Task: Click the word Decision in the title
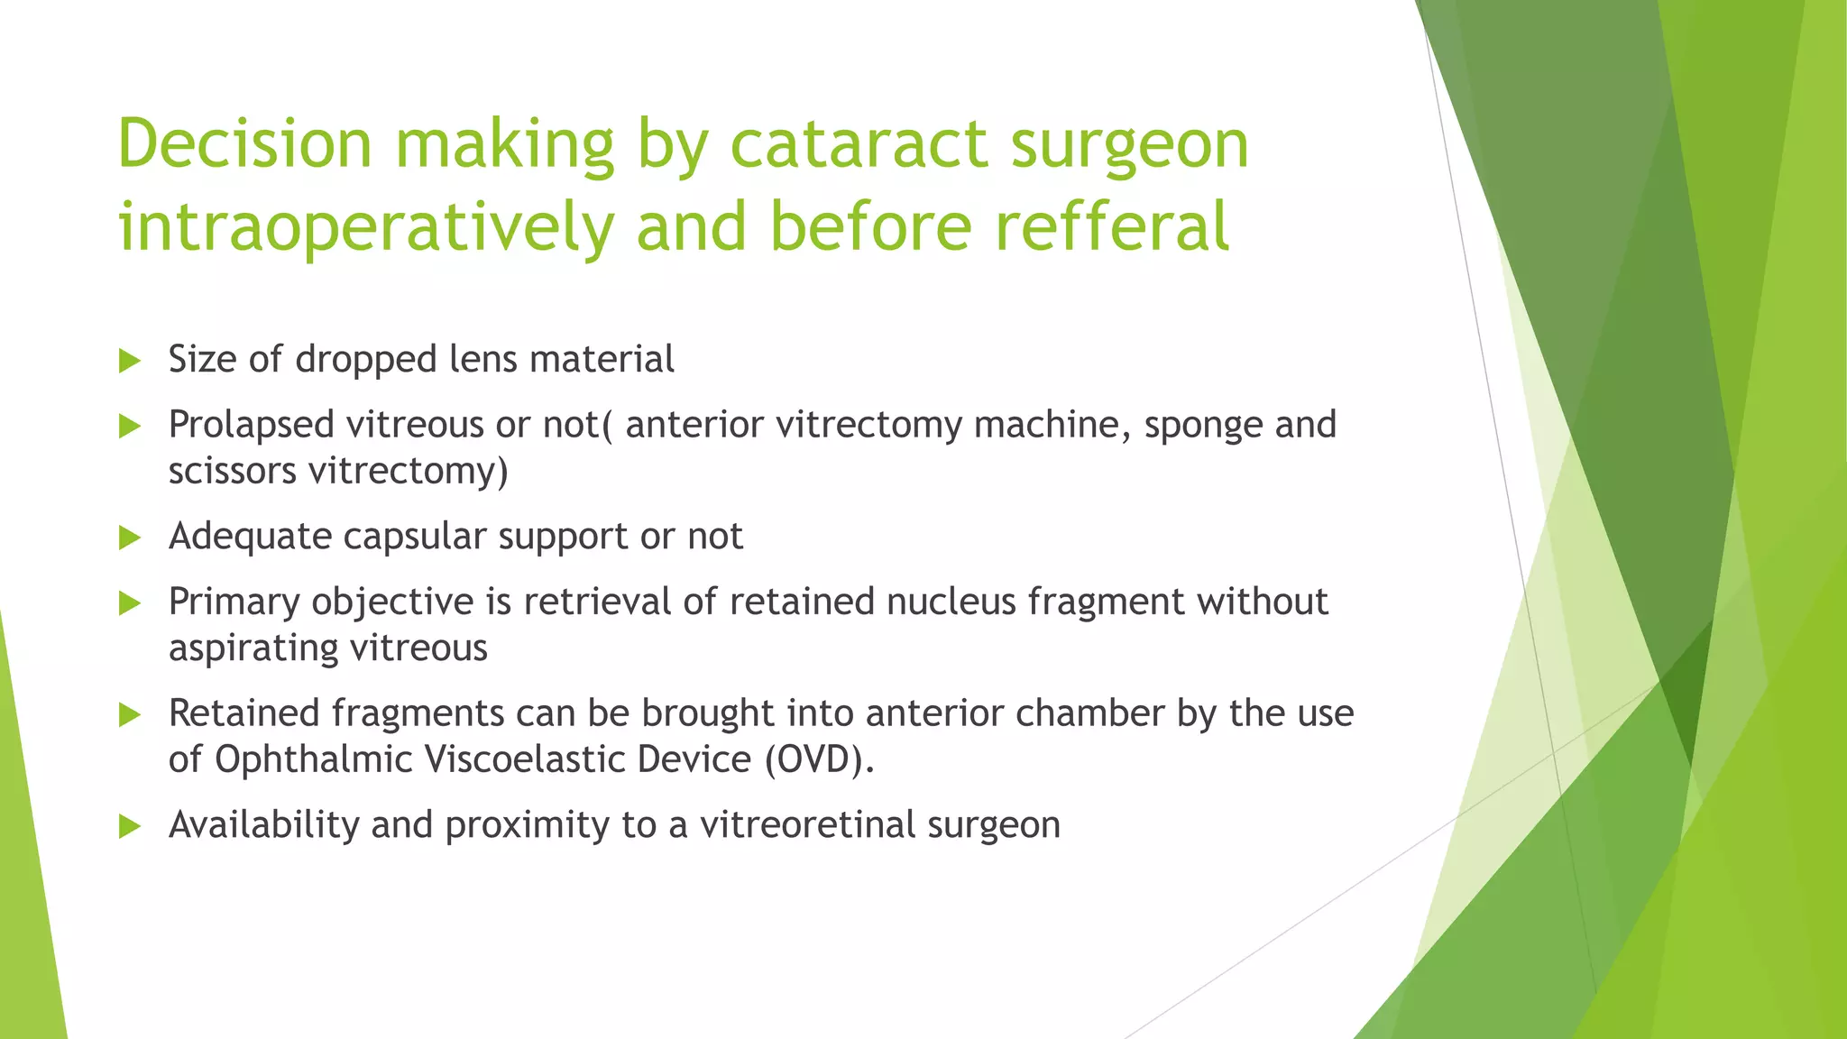244,144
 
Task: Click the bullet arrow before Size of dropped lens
130,362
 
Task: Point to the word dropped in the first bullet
366,360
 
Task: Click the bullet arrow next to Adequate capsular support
130,538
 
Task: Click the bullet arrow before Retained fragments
130,715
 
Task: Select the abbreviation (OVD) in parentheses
819,759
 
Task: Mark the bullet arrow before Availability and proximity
130,826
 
